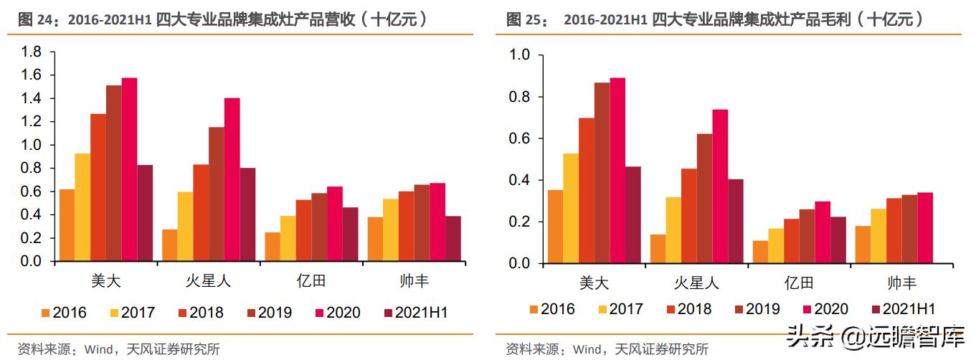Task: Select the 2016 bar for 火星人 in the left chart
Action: pyautogui.click(x=170, y=245)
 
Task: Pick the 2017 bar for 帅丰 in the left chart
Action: pyautogui.click(x=391, y=230)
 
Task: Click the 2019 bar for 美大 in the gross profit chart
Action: pyautogui.click(x=602, y=173)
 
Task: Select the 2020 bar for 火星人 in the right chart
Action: pyautogui.click(x=720, y=186)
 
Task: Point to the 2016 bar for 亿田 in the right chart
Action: pyautogui.click(x=760, y=252)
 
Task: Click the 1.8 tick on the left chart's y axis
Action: pyautogui.click(x=32, y=52)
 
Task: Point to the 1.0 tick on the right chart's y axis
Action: pyautogui.click(x=520, y=55)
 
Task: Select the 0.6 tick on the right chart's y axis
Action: pyautogui.click(x=520, y=138)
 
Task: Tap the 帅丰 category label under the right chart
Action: pyautogui.click(x=901, y=283)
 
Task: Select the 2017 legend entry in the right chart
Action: pyautogui.click(x=621, y=309)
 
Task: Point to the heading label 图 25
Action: pyautogui.click(x=524, y=19)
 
